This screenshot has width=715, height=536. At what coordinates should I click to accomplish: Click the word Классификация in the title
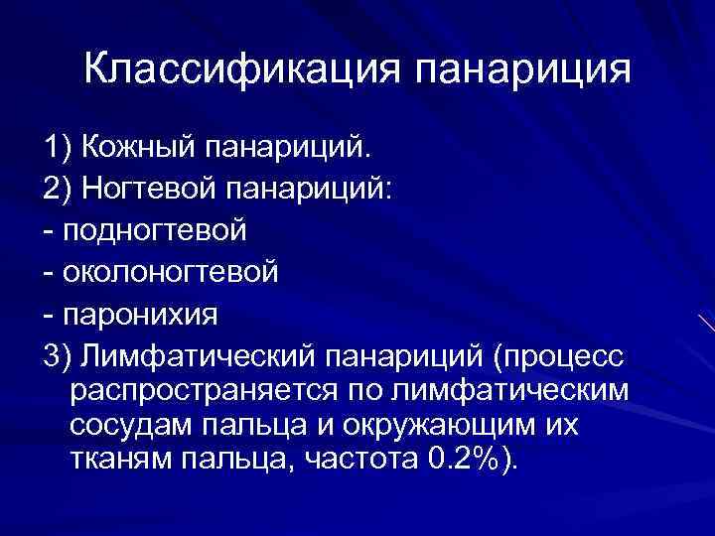click(x=238, y=69)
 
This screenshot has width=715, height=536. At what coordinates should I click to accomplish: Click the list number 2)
click(x=59, y=189)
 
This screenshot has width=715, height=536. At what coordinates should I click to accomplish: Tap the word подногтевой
click(x=154, y=230)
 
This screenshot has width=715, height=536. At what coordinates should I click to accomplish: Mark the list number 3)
click(x=59, y=353)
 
